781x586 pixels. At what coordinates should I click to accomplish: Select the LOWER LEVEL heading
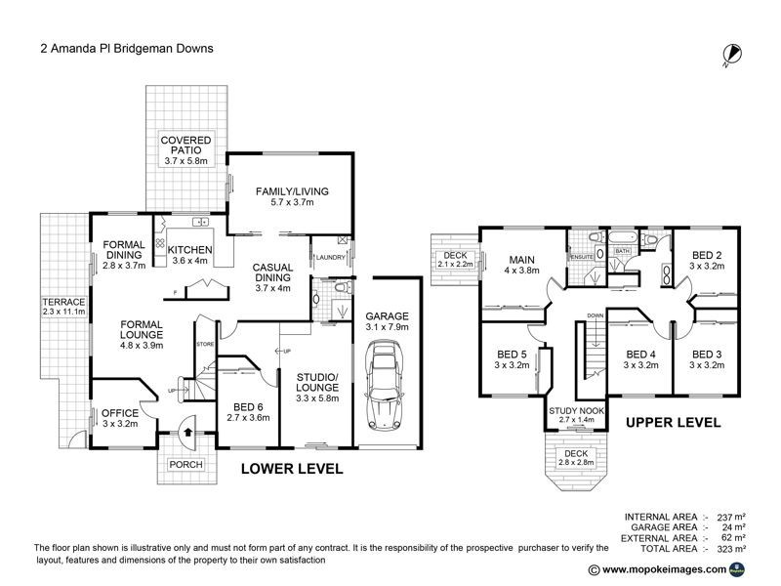(292, 469)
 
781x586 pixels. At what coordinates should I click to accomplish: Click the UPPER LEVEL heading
(673, 423)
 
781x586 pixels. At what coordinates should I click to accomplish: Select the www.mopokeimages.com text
(663, 569)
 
